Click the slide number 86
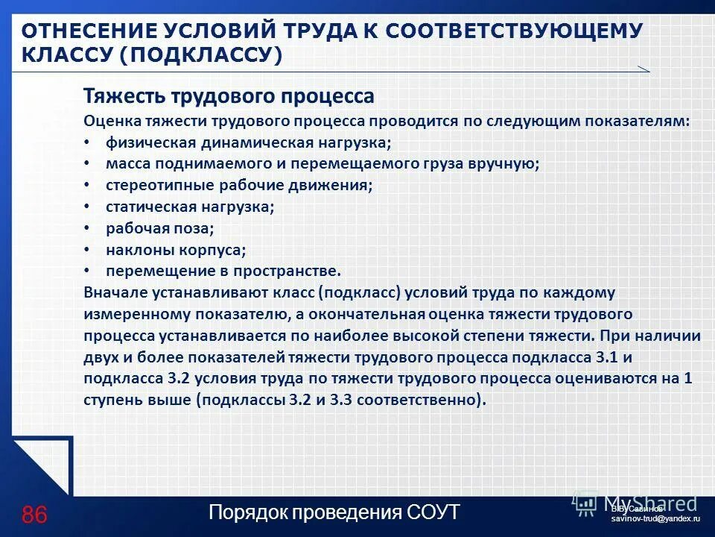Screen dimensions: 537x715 pyautogui.click(x=35, y=515)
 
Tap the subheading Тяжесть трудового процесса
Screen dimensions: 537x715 pyautogui.click(x=229, y=96)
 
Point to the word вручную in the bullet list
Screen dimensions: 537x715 pyautogui.click(x=509, y=164)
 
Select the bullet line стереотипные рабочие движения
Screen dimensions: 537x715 pyautogui.click(x=239, y=185)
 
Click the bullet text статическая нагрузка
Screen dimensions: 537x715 pyautogui.click(x=190, y=207)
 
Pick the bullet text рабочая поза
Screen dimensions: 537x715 pyautogui.click(x=159, y=228)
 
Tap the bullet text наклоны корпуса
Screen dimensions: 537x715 pyautogui.click(x=176, y=250)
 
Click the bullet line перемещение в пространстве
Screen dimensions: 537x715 pyautogui.click(x=223, y=271)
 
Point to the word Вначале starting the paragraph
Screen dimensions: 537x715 pyautogui.click(x=112, y=292)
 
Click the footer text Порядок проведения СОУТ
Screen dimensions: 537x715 pyautogui.click(x=334, y=513)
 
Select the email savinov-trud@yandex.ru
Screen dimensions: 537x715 pyautogui.click(x=655, y=518)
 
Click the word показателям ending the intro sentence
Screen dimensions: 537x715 pyautogui.click(x=640, y=121)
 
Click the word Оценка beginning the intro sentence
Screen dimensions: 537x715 pyautogui.click(x=109, y=121)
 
